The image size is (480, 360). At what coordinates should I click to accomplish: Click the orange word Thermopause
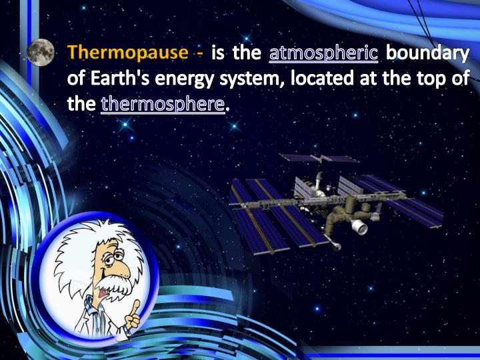click(127, 53)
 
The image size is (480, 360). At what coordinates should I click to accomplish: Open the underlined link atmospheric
click(323, 53)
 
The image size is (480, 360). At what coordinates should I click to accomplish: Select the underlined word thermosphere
click(163, 105)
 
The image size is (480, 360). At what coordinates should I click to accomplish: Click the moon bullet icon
click(41, 53)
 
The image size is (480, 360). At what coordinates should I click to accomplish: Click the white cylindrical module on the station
click(360, 228)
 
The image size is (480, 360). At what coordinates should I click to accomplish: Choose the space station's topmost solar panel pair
click(319, 159)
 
